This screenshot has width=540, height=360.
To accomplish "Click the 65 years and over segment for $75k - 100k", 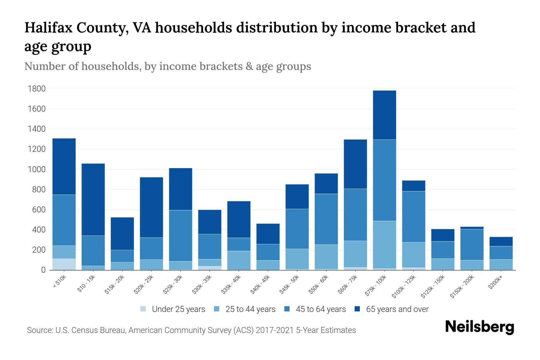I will coord(384,115).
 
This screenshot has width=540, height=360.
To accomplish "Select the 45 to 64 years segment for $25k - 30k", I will coord(181,235).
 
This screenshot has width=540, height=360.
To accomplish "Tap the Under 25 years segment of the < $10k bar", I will coord(64,264).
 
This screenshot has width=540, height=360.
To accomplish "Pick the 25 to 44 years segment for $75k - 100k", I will coord(384,244).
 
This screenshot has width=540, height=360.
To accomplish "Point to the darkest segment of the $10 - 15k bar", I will coord(93,199).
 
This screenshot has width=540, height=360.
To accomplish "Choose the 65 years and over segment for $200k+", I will coord(501,241).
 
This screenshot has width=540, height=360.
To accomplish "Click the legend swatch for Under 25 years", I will coord(143,309).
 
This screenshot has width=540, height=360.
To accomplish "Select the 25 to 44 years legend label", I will coord(250,309).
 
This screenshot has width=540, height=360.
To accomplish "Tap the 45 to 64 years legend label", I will coord(321,309).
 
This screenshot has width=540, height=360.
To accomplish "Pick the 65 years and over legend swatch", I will coord(357,309).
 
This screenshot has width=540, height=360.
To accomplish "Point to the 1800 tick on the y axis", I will coord(37,89).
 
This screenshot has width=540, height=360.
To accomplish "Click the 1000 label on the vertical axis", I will coord(37,169).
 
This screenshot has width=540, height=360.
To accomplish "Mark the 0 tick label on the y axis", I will coord(43,270).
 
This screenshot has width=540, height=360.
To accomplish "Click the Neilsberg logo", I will coord(479,327).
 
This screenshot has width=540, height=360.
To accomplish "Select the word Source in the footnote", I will coord(38,330).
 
